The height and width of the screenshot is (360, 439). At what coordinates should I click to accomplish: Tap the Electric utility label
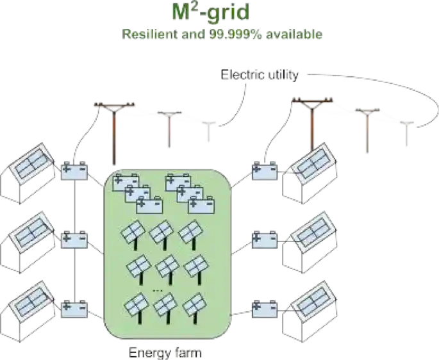pos(260,75)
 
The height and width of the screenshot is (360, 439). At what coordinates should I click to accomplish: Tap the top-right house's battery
pos(264,172)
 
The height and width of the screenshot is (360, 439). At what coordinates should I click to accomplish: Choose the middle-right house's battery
pos(264,238)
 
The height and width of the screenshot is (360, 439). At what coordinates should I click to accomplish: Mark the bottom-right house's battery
pos(264,308)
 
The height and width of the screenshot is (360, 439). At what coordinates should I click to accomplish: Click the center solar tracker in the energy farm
pos(167,265)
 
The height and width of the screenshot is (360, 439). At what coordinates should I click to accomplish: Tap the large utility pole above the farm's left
pos(114,131)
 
